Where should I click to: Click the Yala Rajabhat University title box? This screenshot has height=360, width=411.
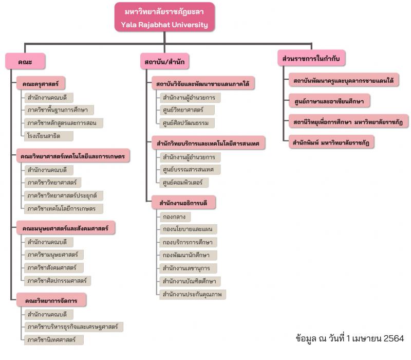click(165, 17)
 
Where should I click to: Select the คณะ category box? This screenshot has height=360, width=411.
click(25, 61)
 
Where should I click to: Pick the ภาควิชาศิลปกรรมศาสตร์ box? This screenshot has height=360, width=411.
click(58, 280)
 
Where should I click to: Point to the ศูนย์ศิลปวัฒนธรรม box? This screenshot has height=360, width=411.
click(186, 123)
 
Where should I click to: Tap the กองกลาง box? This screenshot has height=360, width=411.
click(174, 217)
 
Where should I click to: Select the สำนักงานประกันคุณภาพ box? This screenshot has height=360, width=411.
click(192, 294)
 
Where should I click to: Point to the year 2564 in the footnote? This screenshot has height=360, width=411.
click(393, 338)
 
